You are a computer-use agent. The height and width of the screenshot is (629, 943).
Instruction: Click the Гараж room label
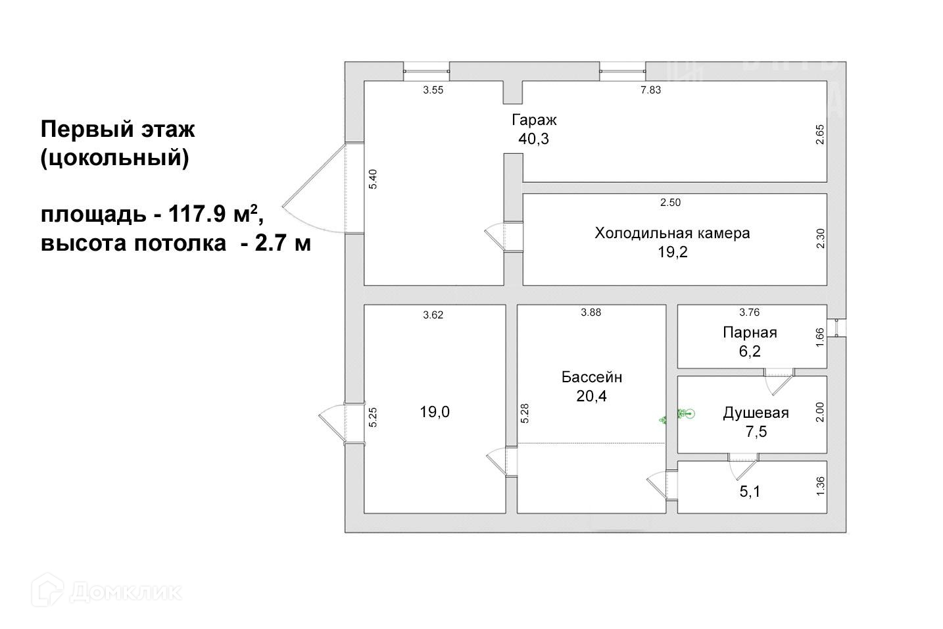tap(534, 120)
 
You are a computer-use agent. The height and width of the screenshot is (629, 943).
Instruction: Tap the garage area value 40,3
tap(533, 139)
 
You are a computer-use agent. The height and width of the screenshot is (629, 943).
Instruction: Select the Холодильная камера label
tap(672, 233)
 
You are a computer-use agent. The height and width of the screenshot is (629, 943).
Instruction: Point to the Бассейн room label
tap(591, 377)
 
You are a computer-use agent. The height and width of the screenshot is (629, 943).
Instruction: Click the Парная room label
tap(750, 332)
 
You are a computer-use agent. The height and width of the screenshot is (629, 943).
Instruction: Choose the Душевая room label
tap(756, 413)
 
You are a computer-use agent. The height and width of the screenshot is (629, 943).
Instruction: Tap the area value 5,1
tap(750, 491)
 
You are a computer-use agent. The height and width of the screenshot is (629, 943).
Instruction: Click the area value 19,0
tap(435, 413)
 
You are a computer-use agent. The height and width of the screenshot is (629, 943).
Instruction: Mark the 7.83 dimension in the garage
tap(650, 90)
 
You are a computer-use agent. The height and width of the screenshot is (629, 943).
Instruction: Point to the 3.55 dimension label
tap(433, 90)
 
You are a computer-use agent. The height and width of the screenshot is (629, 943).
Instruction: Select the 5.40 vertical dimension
tap(373, 180)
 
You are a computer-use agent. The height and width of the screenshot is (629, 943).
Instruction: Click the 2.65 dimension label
tap(819, 135)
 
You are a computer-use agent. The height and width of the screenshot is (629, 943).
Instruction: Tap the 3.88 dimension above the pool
tap(591, 313)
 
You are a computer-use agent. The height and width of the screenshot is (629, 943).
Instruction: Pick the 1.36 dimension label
tap(819, 486)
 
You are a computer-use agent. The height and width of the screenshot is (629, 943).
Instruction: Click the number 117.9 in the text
tap(195, 214)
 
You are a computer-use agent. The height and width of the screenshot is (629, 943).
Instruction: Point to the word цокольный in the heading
tap(114, 159)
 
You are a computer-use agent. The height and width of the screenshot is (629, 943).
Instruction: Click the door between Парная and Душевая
tap(779, 381)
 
